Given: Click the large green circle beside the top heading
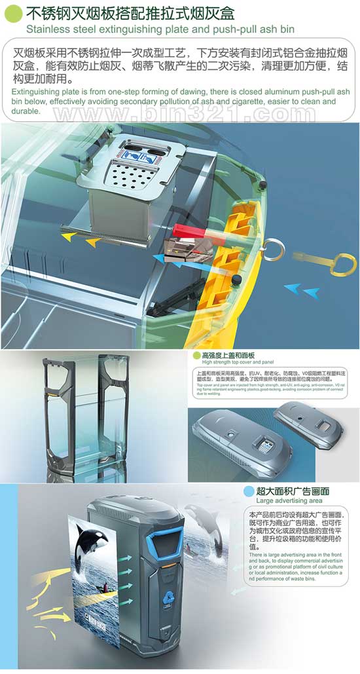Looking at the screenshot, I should pyautogui.click(x=12, y=13).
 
